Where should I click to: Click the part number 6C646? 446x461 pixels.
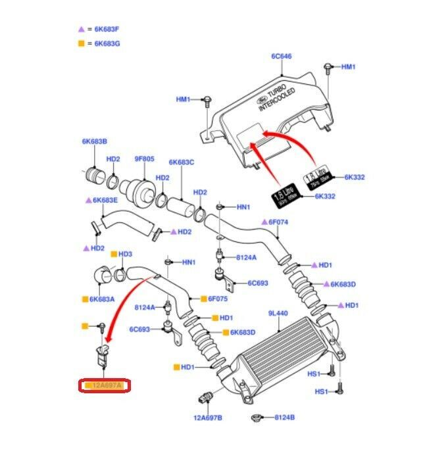pos(281,57)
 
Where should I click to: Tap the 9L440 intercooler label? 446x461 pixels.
pos(278,314)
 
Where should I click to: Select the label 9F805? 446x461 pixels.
pos(144,158)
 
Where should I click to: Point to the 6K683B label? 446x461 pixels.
pos(94,141)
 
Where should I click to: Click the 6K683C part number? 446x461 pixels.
pos(181,162)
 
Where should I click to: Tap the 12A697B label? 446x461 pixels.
pos(207,417)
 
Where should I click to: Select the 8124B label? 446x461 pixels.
pos(284,417)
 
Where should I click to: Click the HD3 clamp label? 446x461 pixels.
pos(125,254)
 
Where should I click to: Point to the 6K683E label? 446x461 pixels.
pos(105,200)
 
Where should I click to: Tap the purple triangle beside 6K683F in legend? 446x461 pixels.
pos(82,30)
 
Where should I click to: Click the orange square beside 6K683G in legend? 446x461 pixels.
pos(82,43)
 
